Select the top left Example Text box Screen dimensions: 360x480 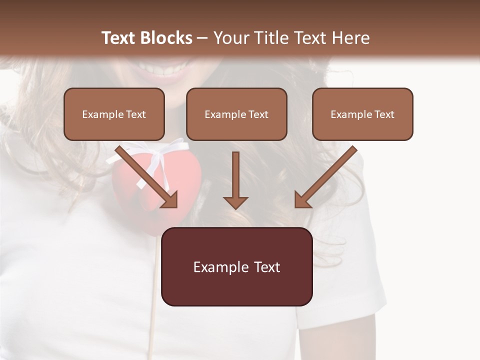point(114,114)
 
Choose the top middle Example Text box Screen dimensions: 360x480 point(236,114)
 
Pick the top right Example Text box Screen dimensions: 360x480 point(362,114)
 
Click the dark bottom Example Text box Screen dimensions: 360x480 point(236,266)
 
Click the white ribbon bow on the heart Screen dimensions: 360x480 point(155,152)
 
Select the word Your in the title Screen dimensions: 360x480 point(229,38)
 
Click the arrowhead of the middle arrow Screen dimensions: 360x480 point(235,202)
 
